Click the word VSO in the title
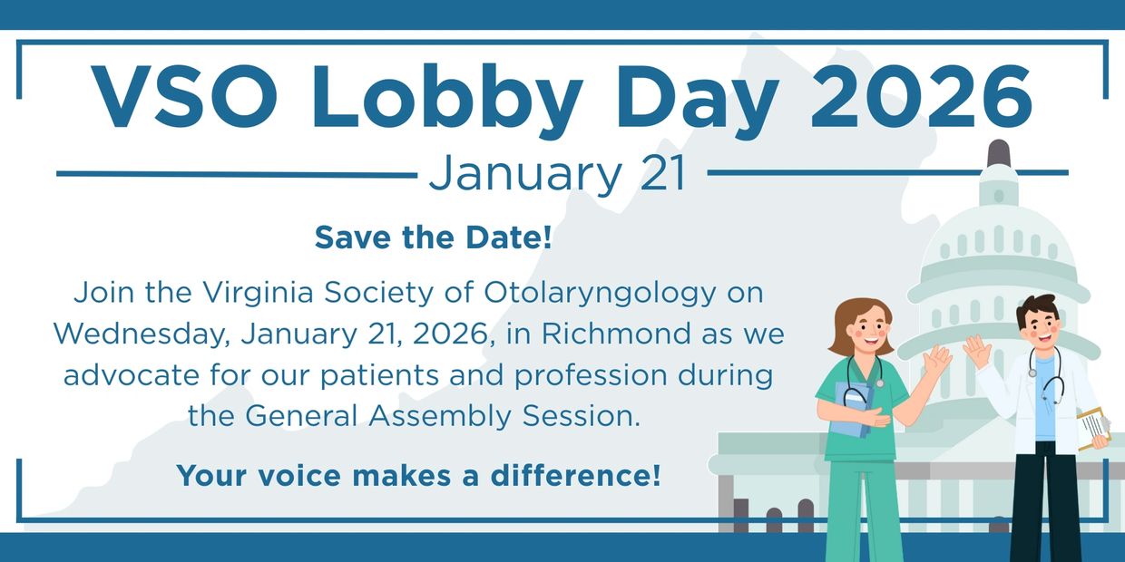coord(184,96)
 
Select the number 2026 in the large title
coord(921,96)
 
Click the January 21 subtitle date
coord(557,173)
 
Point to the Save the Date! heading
coord(434,237)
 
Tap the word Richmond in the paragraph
coord(616,334)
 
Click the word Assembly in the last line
coord(440,417)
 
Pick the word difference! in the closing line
coord(575,475)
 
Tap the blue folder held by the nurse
coord(854,409)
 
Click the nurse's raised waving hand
coord(937,358)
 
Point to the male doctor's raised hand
coord(976,350)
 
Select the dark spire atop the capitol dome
coord(998,152)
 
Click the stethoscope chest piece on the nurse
coord(880,383)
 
